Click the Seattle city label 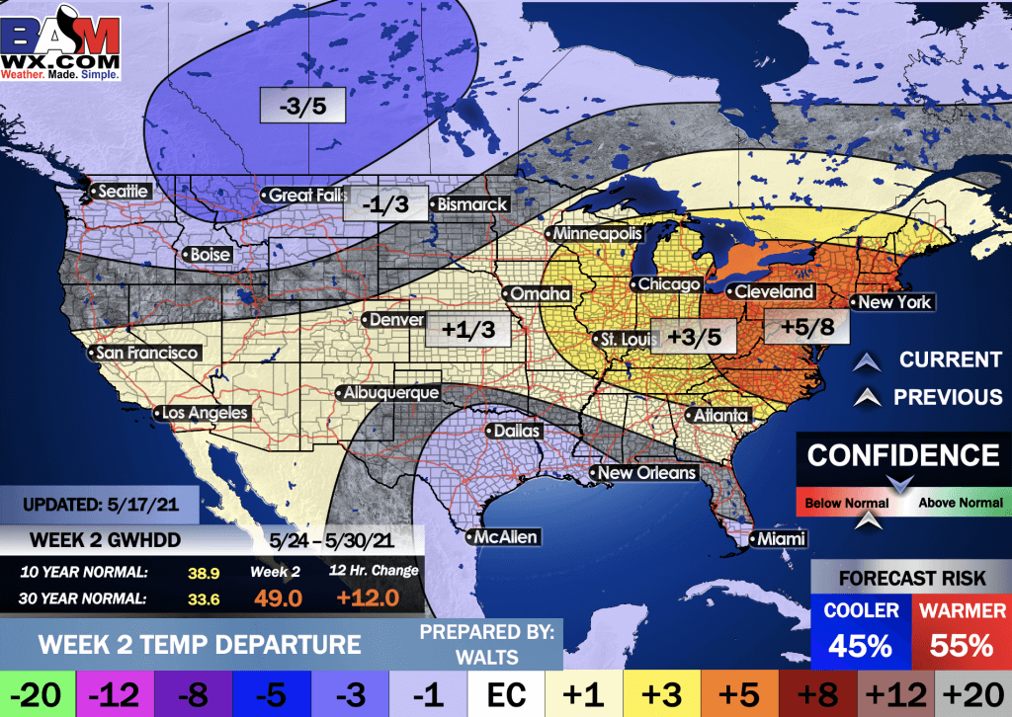[x=122, y=191]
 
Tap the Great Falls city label [x=304, y=196]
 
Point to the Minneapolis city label [x=597, y=234]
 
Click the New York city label [x=893, y=302]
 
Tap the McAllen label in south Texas [x=503, y=537]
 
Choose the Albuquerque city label [x=389, y=393]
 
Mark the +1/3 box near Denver [x=468, y=329]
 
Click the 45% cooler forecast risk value [x=859, y=646]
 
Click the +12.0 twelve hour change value [x=368, y=597]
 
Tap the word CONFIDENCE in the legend [x=903, y=455]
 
